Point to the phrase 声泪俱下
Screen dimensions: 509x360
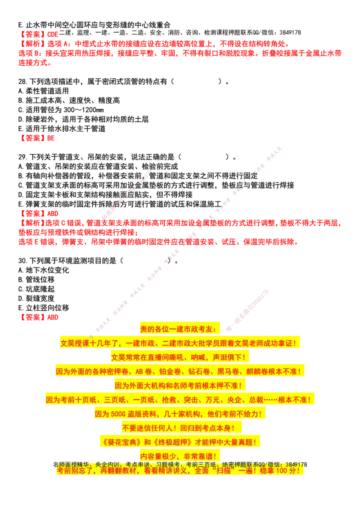tap(228, 357)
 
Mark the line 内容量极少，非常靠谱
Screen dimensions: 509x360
tap(179, 456)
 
